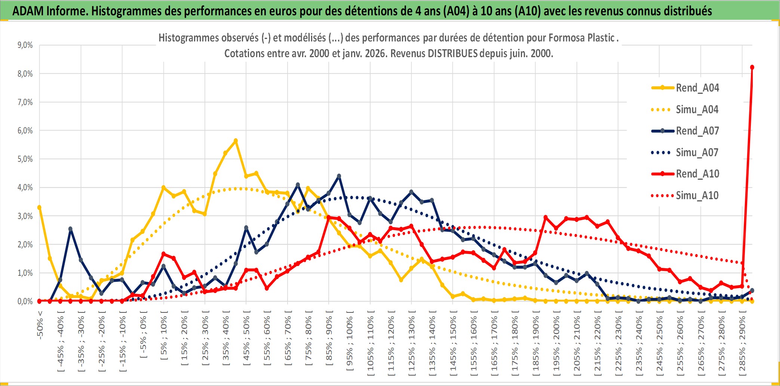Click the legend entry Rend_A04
point(697,88)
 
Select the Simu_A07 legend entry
point(697,152)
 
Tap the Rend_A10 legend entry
point(697,174)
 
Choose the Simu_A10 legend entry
point(697,195)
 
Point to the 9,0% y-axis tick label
point(25,45)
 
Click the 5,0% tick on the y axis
point(25,159)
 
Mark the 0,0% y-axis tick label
point(25,302)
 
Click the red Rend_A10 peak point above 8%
point(752,67)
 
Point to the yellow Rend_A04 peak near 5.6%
point(236,141)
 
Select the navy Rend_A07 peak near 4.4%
point(339,176)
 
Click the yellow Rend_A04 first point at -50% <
point(39,207)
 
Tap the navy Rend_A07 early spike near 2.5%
point(70,229)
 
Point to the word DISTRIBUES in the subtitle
point(452,53)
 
